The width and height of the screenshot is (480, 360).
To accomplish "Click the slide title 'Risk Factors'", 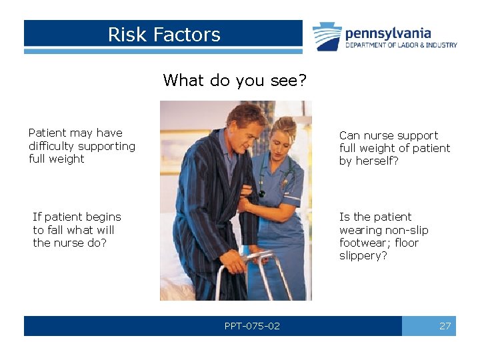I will coord(164,35).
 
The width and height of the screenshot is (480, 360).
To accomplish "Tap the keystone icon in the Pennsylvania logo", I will coord(327,37).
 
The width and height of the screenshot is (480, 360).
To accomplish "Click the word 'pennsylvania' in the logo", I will coord(388,33).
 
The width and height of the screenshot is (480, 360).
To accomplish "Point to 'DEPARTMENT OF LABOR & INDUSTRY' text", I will coord(401,45).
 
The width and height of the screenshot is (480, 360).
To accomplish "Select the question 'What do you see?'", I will coord(235,81).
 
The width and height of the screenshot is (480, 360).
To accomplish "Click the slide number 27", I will coord(445,326).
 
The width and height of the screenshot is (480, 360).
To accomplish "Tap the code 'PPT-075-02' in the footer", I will coord(252,326).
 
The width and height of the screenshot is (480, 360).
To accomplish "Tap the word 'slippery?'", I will coord(363,256).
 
